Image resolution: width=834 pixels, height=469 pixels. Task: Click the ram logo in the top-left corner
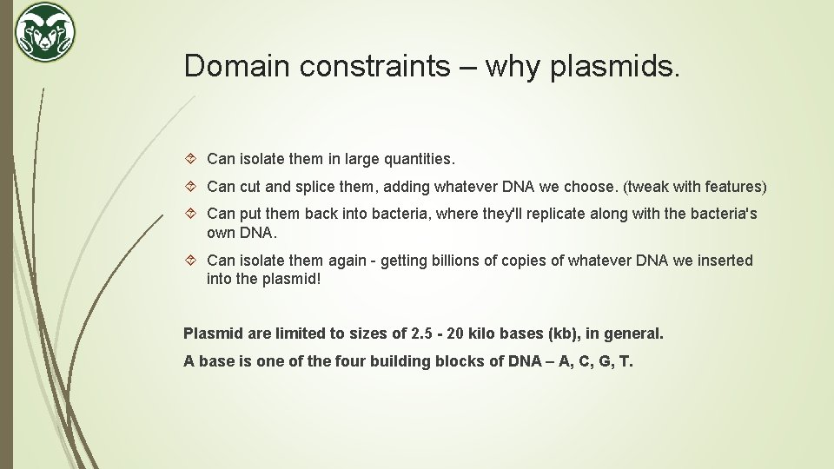coord(45,32)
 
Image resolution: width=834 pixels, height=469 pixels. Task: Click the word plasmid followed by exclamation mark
coord(292,280)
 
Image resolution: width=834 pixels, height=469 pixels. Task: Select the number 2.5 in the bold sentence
coord(421,334)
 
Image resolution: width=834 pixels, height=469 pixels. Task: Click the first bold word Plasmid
coord(209,334)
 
